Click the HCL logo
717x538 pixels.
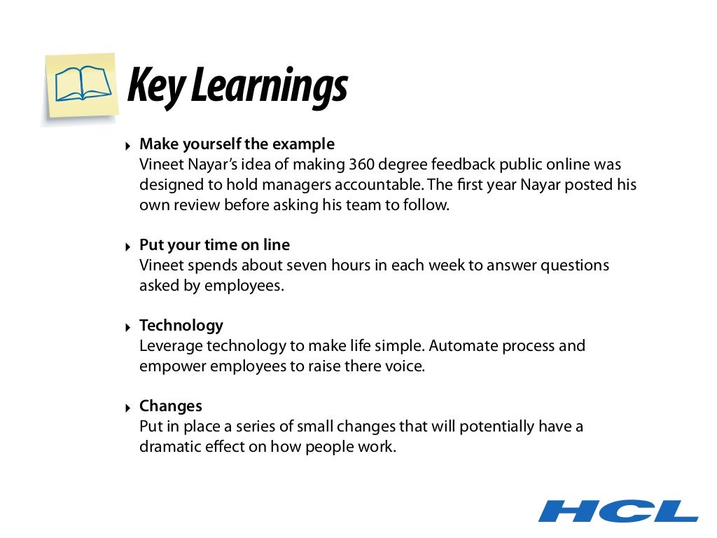[618, 510]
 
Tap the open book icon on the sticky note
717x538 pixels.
[83, 85]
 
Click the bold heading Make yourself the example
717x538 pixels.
[237, 144]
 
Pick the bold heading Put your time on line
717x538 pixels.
[214, 245]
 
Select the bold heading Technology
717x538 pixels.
[181, 326]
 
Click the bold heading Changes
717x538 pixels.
[170, 406]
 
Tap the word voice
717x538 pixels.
[407, 366]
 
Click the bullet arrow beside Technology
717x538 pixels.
[127, 327]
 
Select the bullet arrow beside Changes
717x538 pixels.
[127, 408]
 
